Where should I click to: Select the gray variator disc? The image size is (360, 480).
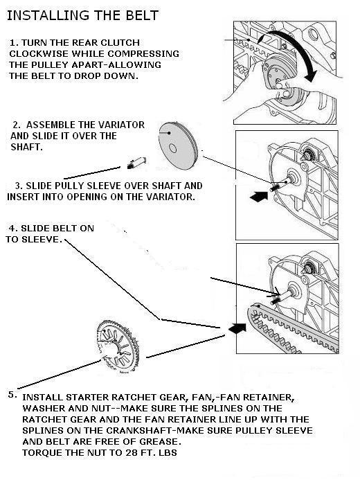click(179, 145)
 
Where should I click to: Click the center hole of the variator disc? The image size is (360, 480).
click(173, 149)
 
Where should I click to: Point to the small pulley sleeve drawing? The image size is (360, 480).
click(136, 163)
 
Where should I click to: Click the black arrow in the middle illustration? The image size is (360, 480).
click(259, 196)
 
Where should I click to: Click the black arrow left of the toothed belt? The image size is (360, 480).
click(237, 328)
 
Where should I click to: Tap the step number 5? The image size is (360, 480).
click(12, 394)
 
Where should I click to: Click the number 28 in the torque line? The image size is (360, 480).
click(131, 452)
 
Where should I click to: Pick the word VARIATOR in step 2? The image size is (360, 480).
click(123, 125)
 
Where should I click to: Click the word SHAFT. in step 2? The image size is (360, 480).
click(26, 147)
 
